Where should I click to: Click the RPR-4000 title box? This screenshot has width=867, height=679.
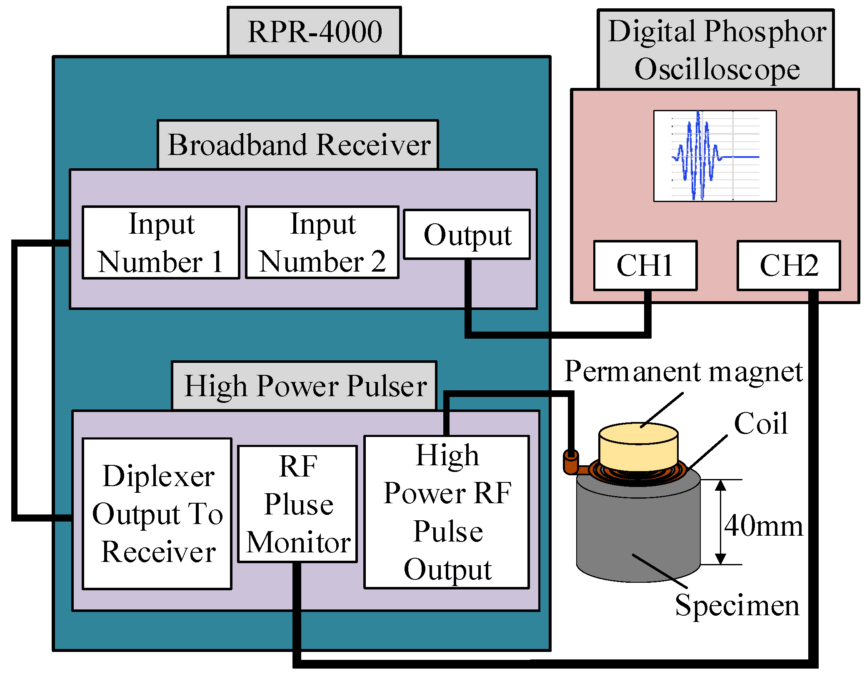(x=314, y=31)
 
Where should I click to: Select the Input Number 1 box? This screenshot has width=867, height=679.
(x=161, y=242)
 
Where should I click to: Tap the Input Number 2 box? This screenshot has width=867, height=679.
(x=322, y=242)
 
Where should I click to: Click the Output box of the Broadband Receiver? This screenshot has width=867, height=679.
(x=467, y=235)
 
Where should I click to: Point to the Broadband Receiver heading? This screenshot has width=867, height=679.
(x=298, y=145)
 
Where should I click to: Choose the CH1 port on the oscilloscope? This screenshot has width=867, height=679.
(x=645, y=265)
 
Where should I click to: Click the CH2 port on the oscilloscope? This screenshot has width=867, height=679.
(x=788, y=265)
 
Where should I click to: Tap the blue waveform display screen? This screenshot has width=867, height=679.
(x=715, y=156)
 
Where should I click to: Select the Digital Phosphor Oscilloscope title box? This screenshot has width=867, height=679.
(x=716, y=50)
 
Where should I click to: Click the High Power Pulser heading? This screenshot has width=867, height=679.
(x=305, y=386)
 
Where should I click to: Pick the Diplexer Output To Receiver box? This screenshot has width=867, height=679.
(x=157, y=514)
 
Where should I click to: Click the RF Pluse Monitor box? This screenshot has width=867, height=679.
(x=297, y=504)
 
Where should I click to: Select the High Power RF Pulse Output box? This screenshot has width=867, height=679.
(x=447, y=512)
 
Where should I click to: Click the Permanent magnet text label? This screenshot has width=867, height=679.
(x=683, y=372)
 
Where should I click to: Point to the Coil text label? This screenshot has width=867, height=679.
(x=760, y=424)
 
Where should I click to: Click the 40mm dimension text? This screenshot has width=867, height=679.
(x=763, y=526)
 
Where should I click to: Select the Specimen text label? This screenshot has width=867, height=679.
(x=737, y=605)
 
